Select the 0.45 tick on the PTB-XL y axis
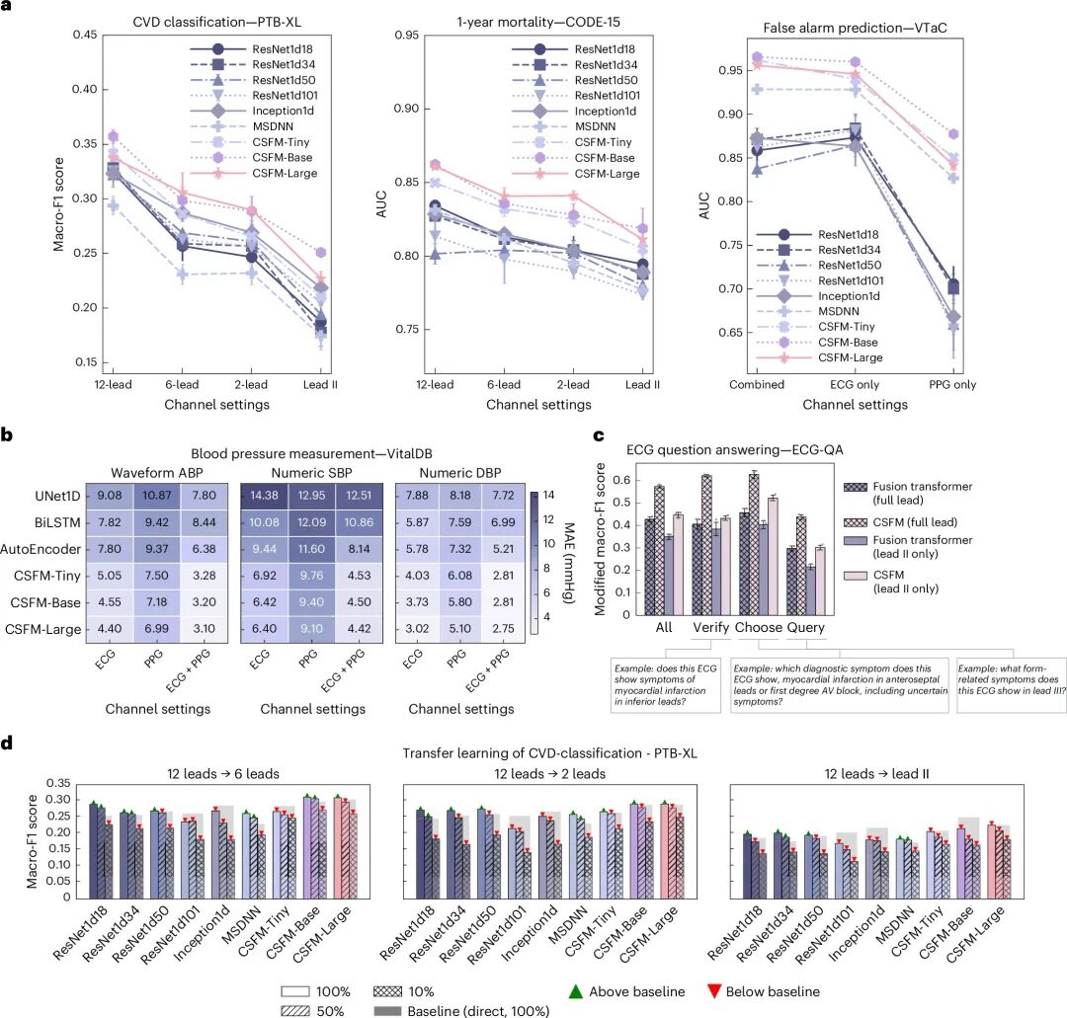click(x=56, y=36)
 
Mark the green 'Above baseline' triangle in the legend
click(x=577, y=990)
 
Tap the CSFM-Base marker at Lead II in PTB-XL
click(x=319, y=253)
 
